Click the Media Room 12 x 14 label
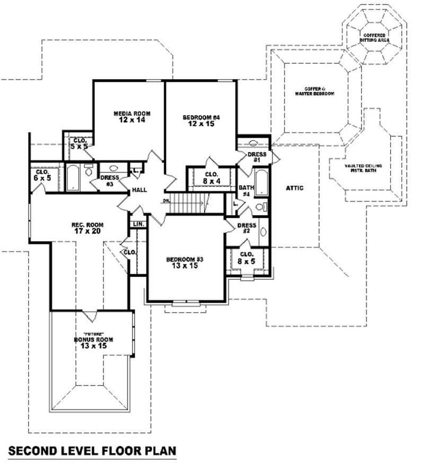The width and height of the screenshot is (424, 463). point(132,117)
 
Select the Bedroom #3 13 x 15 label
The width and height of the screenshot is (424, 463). point(185,262)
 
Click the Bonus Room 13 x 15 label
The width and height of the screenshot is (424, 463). point(90,342)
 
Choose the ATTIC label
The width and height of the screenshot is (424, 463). point(294,188)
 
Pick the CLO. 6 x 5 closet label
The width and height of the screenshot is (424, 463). point(42,175)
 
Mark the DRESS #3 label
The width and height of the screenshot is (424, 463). point(109,181)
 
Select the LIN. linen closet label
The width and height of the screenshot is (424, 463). point(139,224)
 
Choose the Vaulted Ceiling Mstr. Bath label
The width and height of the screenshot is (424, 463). point(363,168)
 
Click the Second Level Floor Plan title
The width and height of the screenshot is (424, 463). point(91,451)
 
